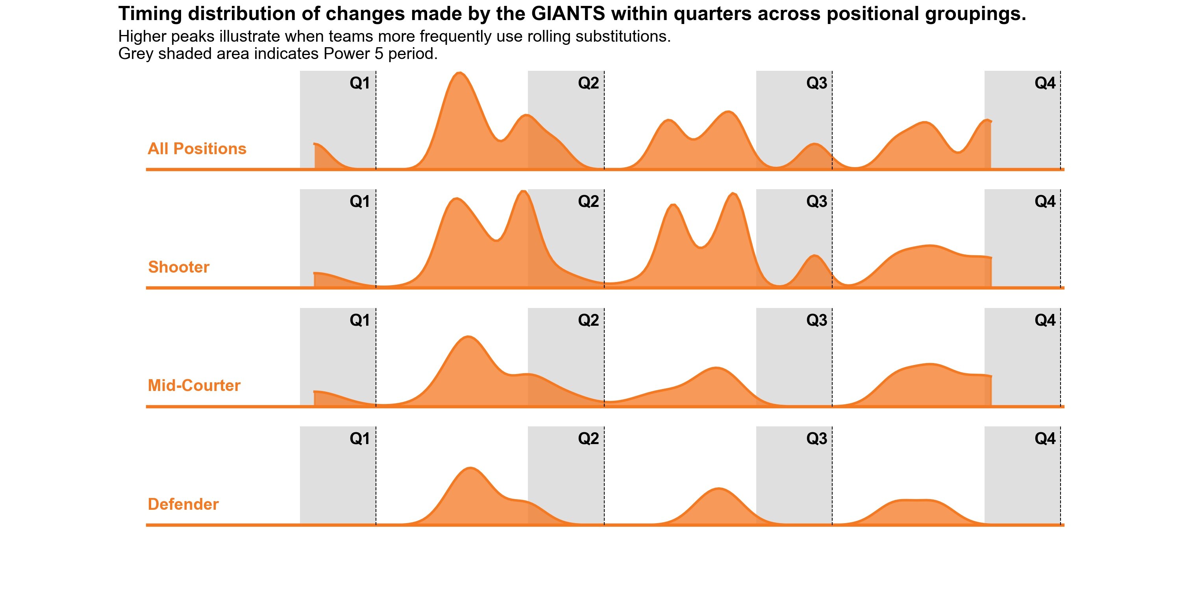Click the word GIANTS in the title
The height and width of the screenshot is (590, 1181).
pyautogui.click(x=568, y=14)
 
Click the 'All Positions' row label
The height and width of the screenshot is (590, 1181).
pyautogui.click(x=197, y=149)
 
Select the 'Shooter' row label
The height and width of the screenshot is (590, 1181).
pyautogui.click(x=178, y=267)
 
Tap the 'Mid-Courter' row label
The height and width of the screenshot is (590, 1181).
pyautogui.click(x=194, y=386)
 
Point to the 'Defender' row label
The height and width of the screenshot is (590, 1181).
pyautogui.click(x=183, y=504)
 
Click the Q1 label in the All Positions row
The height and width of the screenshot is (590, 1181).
pyautogui.click(x=359, y=83)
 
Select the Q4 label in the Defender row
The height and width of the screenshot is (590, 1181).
pyautogui.click(x=1045, y=439)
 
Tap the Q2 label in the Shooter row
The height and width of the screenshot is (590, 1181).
pyautogui.click(x=588, y=201)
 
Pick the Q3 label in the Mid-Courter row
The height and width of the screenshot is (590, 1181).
pyautogui.click(x=816, y=320)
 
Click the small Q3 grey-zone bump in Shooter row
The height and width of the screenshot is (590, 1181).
pyautogui.click(x=814, y=256)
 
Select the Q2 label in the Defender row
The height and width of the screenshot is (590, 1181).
pyautogui.click(x=588, y=439)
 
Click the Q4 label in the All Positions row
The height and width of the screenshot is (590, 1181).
pyautogui.click(x=1045, y=83)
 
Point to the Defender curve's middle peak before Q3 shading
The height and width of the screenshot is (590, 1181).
pyautogui.click(x=718, y=489)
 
